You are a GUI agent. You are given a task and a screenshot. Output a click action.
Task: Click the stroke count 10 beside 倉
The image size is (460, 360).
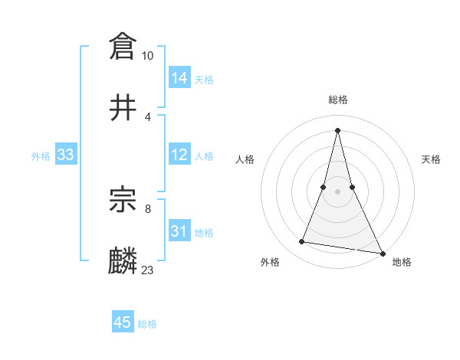coord(148,56)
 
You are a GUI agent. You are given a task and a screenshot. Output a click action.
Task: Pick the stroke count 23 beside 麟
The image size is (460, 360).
coord(148,270)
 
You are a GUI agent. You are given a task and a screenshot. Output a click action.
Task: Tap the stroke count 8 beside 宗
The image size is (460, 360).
coord(148,207)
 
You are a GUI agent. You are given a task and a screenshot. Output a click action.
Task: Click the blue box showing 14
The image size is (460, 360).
coord(179,78)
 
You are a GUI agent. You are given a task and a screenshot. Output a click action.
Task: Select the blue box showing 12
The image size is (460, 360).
coord(179,155)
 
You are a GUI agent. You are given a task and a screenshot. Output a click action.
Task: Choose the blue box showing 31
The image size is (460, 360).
coord(179,231)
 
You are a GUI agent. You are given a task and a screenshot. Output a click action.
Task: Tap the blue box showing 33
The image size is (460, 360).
coord(66,155)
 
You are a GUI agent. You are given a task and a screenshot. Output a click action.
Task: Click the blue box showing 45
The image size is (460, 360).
coord(123,322)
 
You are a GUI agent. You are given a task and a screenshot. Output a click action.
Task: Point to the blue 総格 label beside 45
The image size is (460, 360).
coord(147,324)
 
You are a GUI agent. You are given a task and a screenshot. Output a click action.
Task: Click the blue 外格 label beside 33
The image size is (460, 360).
coord(41,156)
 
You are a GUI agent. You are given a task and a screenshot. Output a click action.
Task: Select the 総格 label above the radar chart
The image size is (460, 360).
coord(338,100)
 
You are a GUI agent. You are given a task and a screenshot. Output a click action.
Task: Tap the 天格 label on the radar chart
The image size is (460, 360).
coord(431,159)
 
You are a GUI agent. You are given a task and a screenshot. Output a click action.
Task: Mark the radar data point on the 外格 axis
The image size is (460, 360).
coord(302,242)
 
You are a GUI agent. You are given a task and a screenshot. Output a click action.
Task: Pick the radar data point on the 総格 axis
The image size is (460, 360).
coord(338,129)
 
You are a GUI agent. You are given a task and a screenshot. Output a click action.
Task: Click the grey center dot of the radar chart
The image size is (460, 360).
coord(338,191)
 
